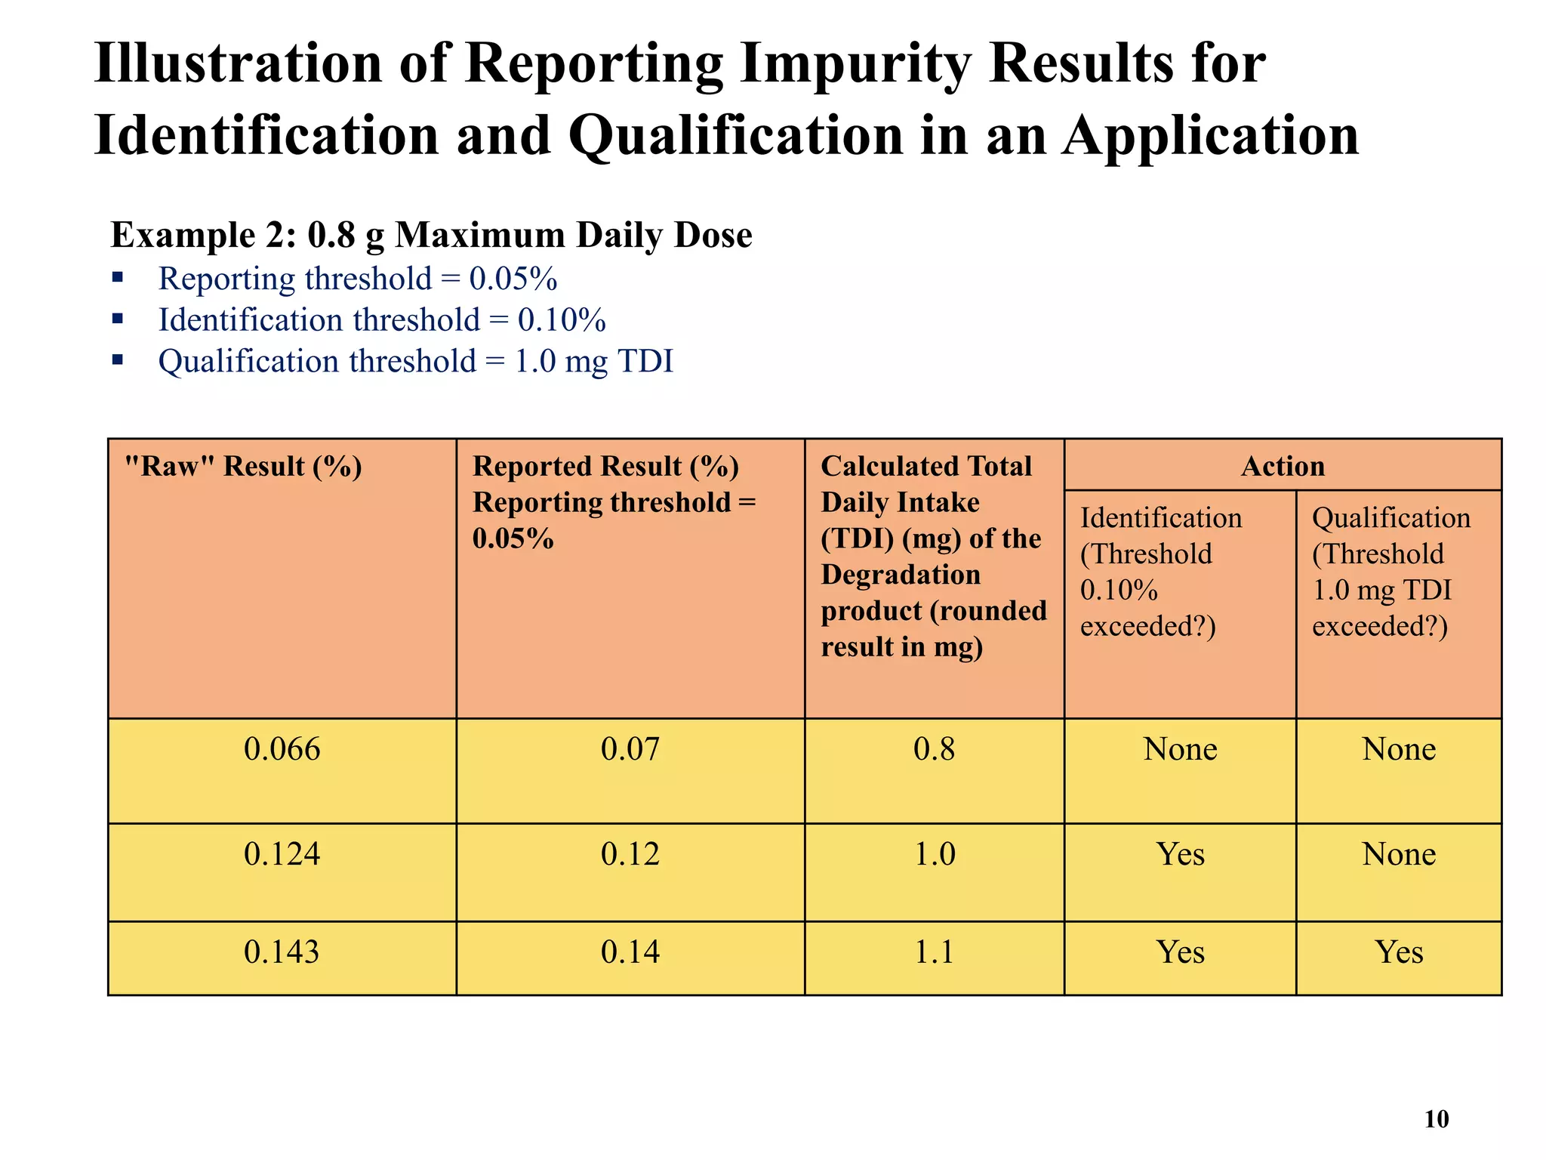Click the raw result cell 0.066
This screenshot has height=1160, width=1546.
click(x=282, y=749)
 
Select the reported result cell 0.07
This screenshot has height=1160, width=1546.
click(x=630, y=749)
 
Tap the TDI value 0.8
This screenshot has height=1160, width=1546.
click(x=934, y=749)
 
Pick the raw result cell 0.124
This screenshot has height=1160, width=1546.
click(x=282, y=854)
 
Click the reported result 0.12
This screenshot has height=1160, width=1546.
click(x=630, y=854)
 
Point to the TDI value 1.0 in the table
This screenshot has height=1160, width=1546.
click(x=935, y=854)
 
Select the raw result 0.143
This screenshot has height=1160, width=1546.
click(x=282, y=952)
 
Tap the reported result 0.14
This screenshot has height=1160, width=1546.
click(x=630, y=952)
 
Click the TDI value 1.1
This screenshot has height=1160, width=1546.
click(x=934, y=952)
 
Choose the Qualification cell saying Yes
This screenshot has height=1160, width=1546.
click(x=1399, y=952)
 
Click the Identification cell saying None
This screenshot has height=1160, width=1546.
click(x=1180, y=749)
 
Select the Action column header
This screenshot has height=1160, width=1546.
click(x=1283, y=466)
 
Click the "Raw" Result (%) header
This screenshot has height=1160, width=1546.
click(x=243, y=466)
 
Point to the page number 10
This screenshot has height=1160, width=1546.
click(x=1436, y=1119)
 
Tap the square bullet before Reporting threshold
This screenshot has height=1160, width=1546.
click(x=117, y=277)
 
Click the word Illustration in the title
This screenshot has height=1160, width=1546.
click(x=238, y=63)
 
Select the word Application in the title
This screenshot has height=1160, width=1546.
click(x=1210, y=136)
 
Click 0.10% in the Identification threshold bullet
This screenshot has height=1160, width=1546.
click(x=562, y=320)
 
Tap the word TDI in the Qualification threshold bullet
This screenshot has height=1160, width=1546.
click(x=645, y=361)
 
